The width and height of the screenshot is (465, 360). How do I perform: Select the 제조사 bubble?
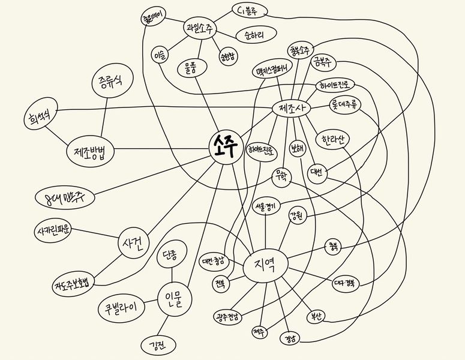coord(291,108)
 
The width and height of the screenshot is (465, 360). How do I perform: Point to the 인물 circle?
coord(175,297)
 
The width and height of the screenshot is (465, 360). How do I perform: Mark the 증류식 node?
coord(112,81)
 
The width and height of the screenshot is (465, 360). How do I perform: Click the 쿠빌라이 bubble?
coord(121,310)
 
